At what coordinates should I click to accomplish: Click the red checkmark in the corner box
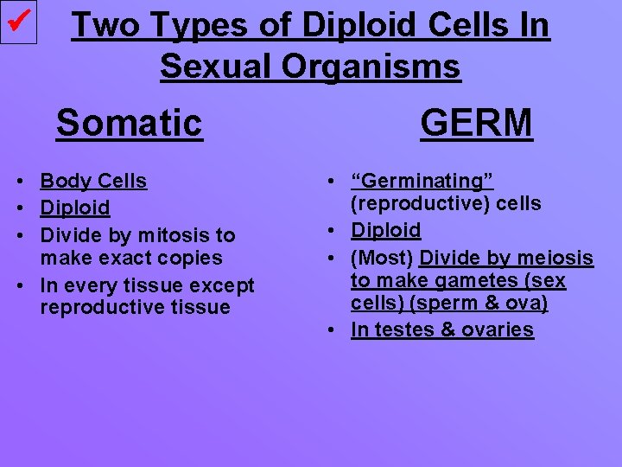click(x=19, y=22)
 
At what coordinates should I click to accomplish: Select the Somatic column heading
click(x=129, y=123)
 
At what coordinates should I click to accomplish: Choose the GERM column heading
click(x=476, y=123)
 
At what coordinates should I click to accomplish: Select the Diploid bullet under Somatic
click(x=75, y=208)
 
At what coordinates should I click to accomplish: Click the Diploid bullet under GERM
click(x=385, y=230)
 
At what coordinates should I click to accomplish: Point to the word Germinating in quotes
click(x=422, y=181)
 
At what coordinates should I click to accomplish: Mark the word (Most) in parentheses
click(x=382, y=258)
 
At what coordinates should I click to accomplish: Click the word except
click(x=222, y=285)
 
